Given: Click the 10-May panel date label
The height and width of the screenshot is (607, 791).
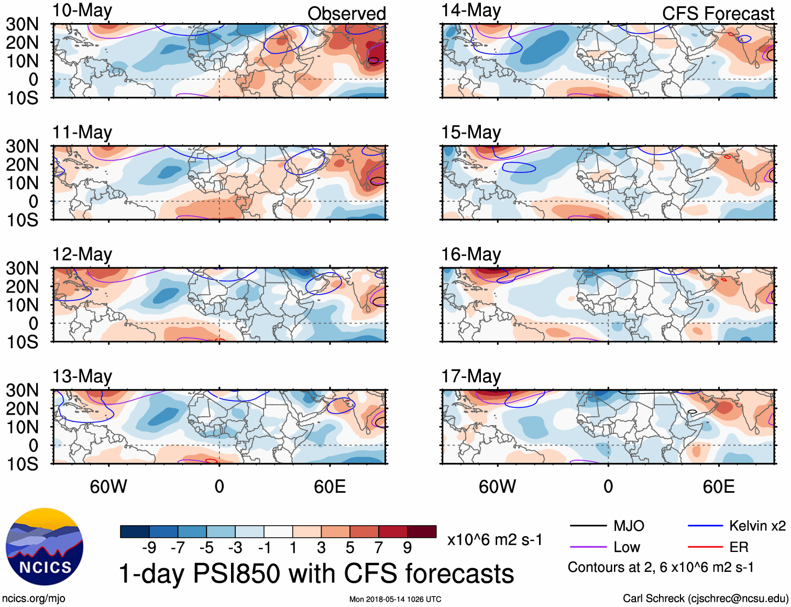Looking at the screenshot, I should pyautogui.click(x=82, y=11).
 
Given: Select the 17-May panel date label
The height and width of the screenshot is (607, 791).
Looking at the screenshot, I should pyautogui.click(x=471, y=376).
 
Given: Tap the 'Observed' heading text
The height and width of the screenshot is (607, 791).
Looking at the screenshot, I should pyautogui.click(x=346, y=14).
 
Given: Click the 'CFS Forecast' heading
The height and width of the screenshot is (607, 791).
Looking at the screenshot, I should pyautogui.click(x=718, y=14).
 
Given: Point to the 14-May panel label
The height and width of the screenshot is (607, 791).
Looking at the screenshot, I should pyautogui.click(x=471, y=11).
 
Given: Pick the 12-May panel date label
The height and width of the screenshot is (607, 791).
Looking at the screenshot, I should pyautogui.click(x=82, y=255).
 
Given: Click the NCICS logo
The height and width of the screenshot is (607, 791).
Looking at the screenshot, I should pyautogui.click(x=45, y=547).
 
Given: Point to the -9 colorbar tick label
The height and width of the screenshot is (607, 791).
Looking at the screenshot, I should pyautogui.click(x=149, y=548).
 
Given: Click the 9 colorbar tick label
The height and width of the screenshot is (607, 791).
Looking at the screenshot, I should pyautogui.click(x=408, y=548).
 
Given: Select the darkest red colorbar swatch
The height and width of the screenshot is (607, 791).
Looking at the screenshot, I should pyautogui.click(x=422, y=532).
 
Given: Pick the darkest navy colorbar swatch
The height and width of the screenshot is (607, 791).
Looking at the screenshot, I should pyautogui.click(x=135, y=532).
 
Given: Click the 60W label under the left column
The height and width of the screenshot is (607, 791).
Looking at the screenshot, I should pyautogui.click(x=108, y=486).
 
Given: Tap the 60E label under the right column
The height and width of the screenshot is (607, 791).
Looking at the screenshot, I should pyautogui.click(x=719, y=486).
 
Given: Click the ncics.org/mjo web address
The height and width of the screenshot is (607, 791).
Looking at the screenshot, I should pyautogui.click(x=34, y=599).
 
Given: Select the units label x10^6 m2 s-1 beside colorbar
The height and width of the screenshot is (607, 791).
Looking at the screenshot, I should pyautogui.click(x=495, y=540).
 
